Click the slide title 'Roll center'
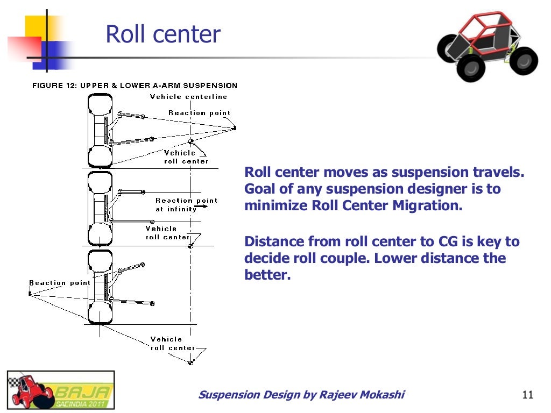point(163,34)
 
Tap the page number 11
point(527,396)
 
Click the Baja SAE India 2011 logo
point(60,390)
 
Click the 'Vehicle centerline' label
point(188,97)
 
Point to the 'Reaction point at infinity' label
point(186,204)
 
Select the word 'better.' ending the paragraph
point(267,275)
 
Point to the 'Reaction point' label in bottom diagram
point(60,283)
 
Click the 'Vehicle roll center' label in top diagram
point(186,157)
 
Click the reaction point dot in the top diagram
point(235,127)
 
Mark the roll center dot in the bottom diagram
point(190,364)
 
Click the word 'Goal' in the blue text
point(258,189)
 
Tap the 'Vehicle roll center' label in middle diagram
point(167,233)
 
